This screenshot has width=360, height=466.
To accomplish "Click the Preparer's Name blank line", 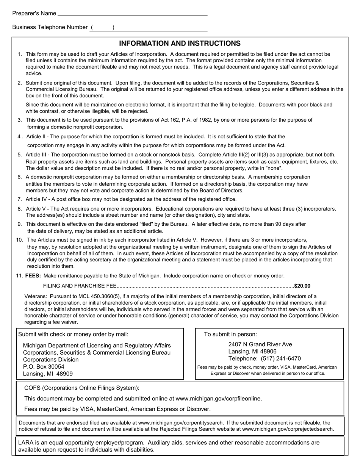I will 132,14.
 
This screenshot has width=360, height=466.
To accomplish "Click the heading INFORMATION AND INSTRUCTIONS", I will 180,44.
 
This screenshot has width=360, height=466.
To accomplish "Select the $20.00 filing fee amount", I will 302,286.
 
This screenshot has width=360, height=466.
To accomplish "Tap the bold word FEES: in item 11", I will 33,276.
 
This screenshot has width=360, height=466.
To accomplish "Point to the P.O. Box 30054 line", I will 44,367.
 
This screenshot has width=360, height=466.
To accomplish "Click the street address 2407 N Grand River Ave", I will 260,344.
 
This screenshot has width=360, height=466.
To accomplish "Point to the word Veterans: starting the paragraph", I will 36,296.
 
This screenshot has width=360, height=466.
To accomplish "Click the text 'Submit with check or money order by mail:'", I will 73,334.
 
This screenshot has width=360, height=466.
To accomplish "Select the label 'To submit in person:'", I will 230,334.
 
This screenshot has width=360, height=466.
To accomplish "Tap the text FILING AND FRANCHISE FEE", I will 80,286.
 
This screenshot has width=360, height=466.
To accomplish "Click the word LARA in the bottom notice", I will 26,443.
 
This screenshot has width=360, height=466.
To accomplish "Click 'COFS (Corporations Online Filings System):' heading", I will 81,388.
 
